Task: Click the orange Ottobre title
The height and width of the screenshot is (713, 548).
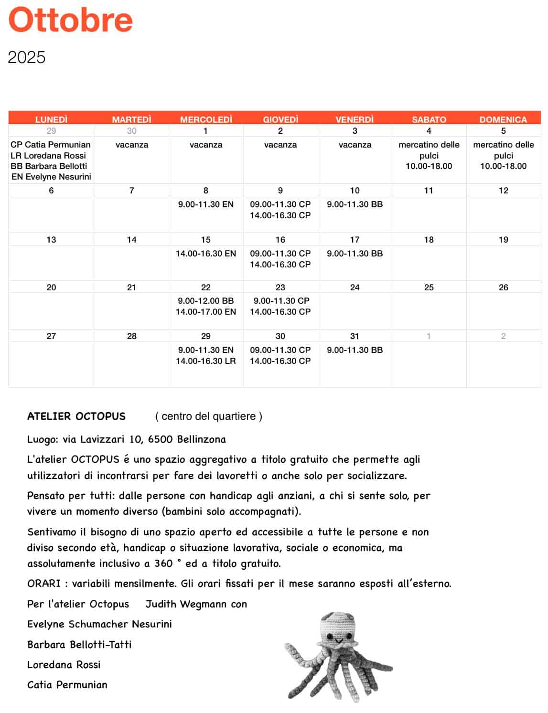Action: pyautogui.click(x=70, y=20)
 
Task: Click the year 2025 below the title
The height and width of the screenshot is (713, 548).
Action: pyautogui.click(x=27, y=57)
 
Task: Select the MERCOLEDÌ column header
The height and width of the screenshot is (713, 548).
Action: pyautogui.click(x=206, y=119)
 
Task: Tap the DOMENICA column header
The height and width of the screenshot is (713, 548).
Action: pyautogui.click(x=503, y=119)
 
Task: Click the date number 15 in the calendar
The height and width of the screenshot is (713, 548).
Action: pyautogui.click(x=206, y=240)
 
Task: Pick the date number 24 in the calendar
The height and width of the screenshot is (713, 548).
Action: pyautogui.click(x=355, y=287)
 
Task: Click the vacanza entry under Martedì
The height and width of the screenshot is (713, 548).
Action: pyautogui.click(x=132, y=145)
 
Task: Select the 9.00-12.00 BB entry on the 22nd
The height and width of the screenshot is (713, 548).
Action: pyautogui.click(x=206, y=301)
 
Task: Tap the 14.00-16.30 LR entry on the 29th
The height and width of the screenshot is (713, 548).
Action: pyautogui.click(x=206, y=361)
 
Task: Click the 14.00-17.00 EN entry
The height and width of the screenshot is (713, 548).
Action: pyautogui.click(x=206, y=312)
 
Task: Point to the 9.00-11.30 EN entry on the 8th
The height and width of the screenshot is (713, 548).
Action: pyautogui.click(x=206, y=204)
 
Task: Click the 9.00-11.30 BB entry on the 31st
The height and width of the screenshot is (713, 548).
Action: pyautogui.click(x=355, y=350)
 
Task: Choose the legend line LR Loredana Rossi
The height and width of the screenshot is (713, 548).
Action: pyautogui.click(x=48, y=156)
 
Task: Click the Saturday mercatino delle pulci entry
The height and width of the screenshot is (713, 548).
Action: pyautogui.click(x=429, y=150)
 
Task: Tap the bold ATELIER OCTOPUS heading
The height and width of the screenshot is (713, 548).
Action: pyautogui.click(x=76, y=416)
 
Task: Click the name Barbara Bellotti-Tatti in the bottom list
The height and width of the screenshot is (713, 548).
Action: pyautogui.click(x=79, y=645)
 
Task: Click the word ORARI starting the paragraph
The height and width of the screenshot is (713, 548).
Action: pyautogui.click(x=43, y=584)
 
